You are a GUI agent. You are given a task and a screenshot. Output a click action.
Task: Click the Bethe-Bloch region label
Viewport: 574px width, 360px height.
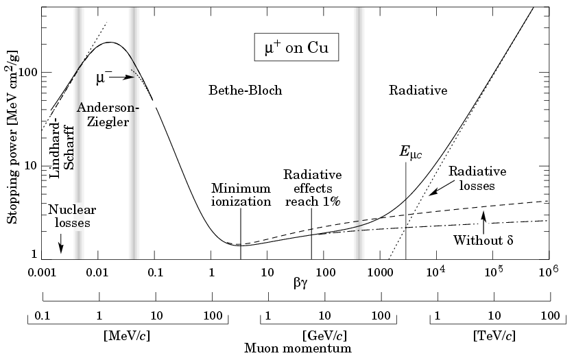click(x=245, y=91)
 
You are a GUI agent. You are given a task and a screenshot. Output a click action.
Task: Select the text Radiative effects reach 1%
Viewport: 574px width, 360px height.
click(x=312, y=187)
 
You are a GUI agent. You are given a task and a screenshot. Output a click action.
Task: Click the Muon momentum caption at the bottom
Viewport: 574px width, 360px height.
click(x=298, y=348)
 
